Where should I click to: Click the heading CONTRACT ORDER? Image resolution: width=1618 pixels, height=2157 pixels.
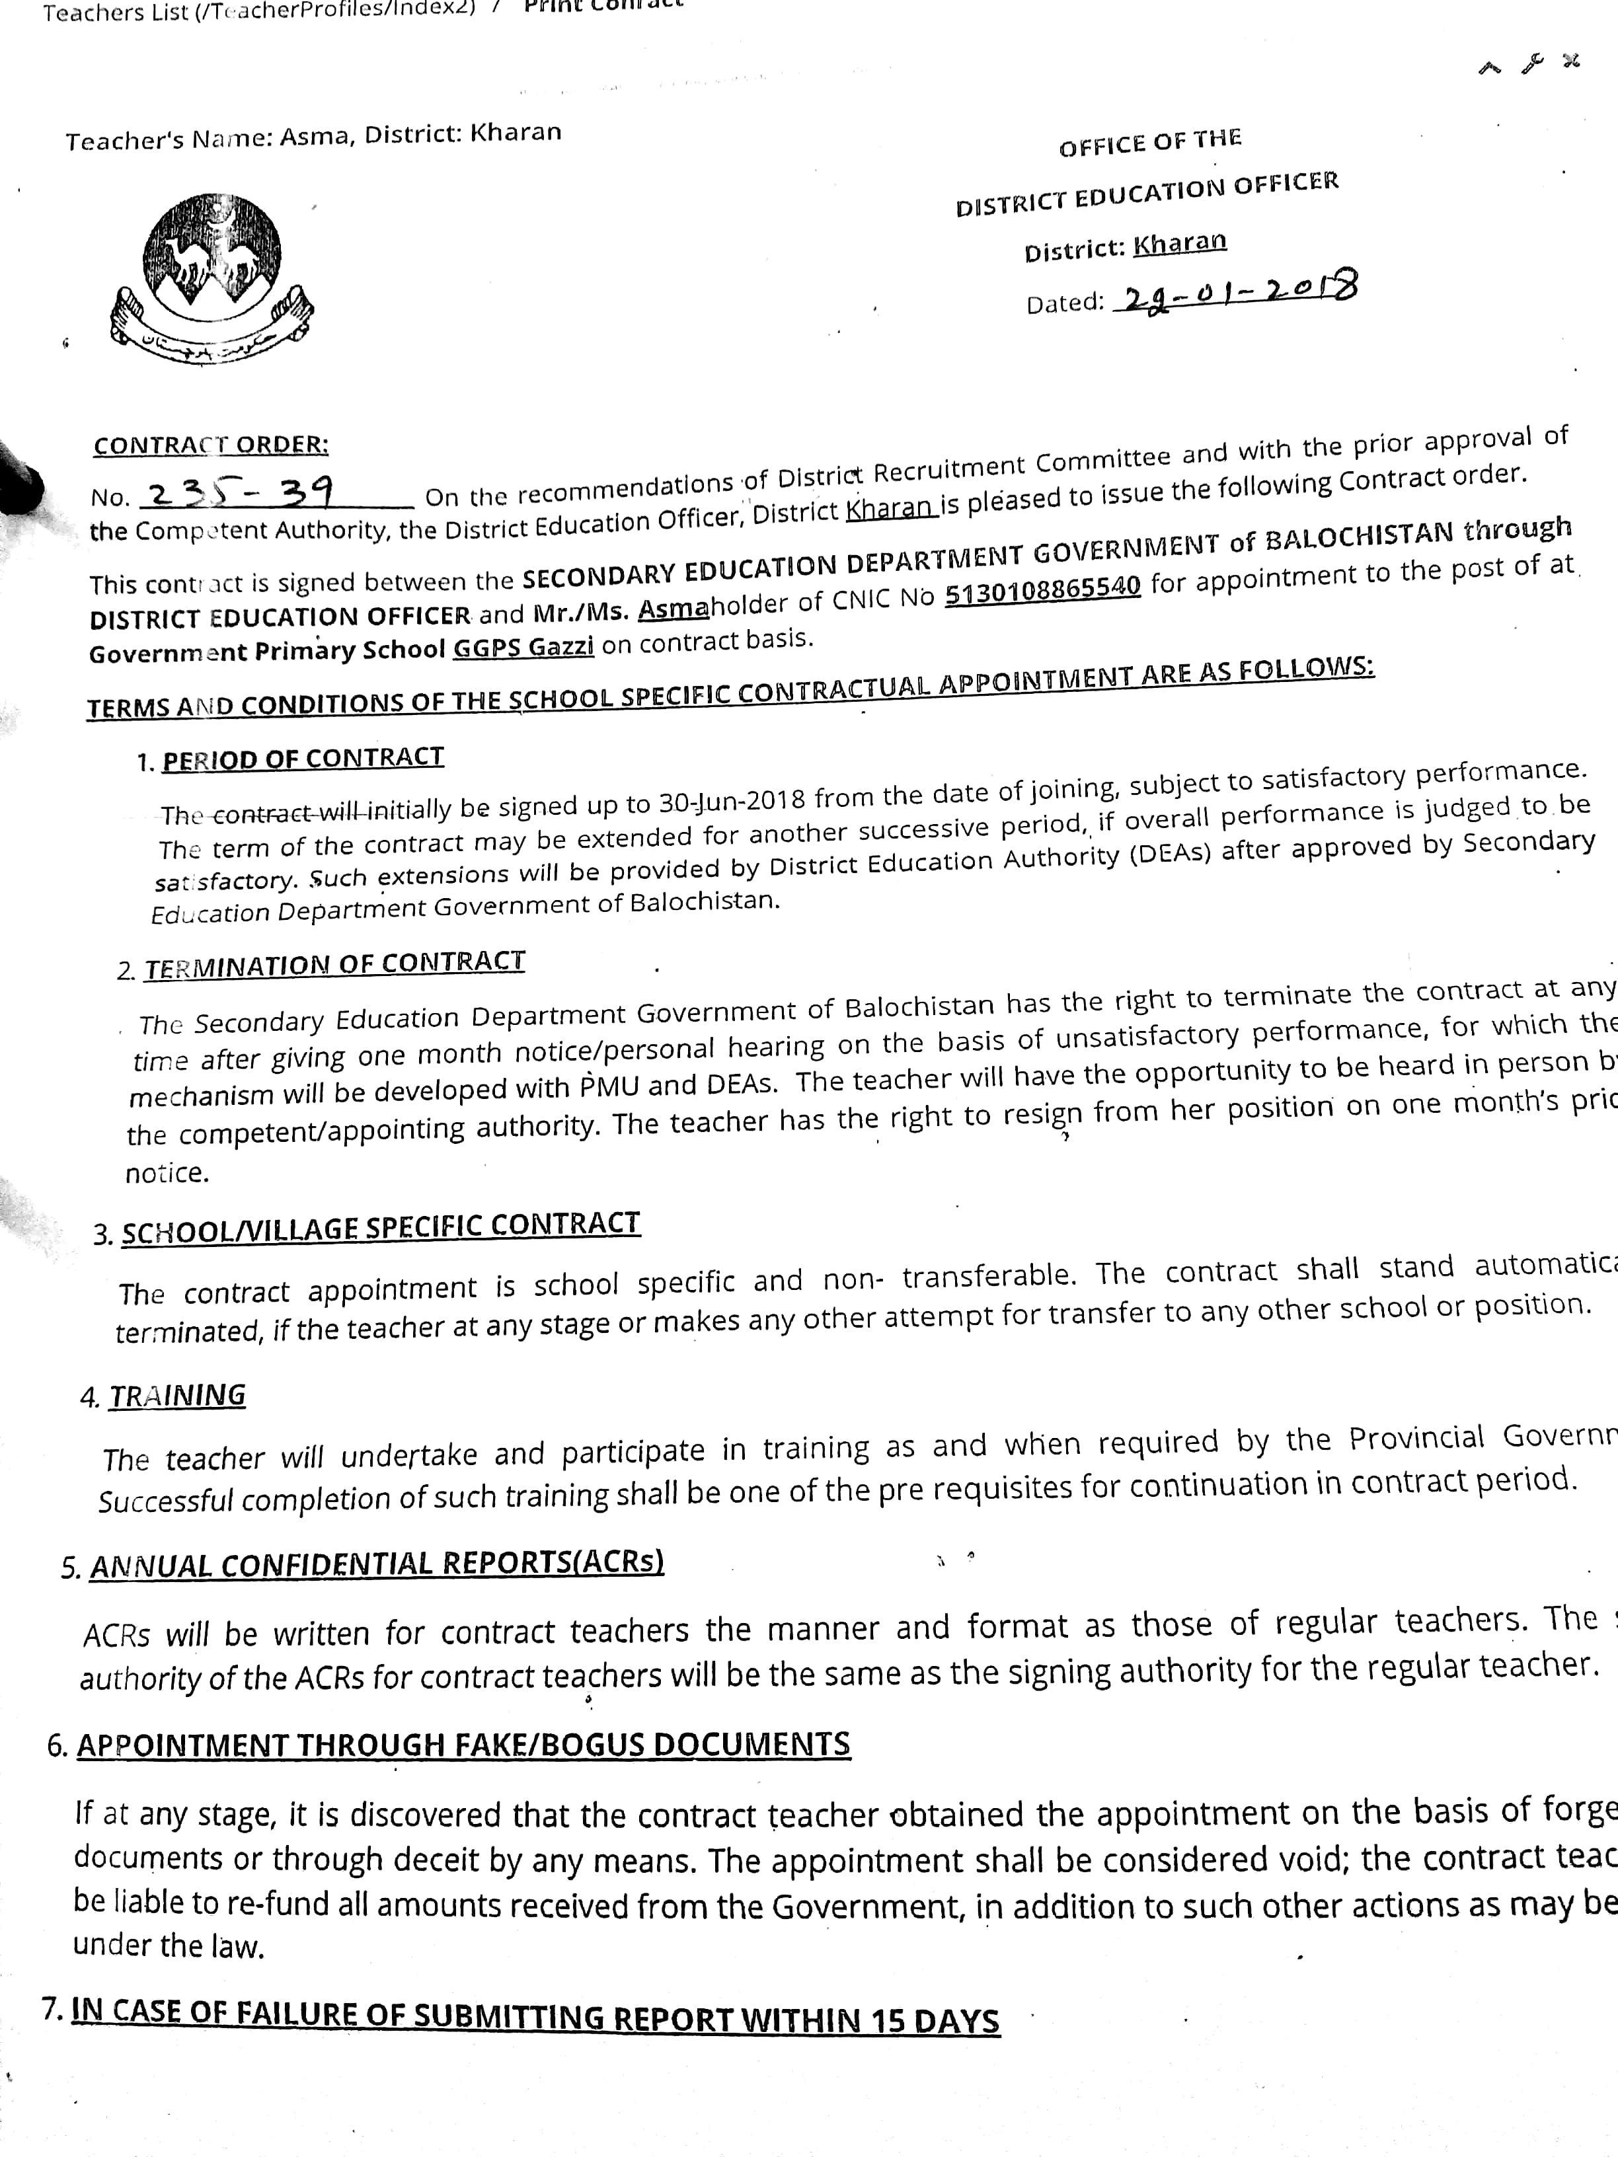click(x=211, y=445)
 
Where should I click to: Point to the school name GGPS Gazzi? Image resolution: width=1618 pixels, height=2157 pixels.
click(x=523, y=646)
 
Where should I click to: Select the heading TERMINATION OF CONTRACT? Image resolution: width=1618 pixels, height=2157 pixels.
click(x=334, y=964)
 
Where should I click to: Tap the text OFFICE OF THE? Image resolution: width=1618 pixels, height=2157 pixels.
click(x=1150, y=143)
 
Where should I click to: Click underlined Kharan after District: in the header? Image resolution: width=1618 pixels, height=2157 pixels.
click(x=1179, y=243)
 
